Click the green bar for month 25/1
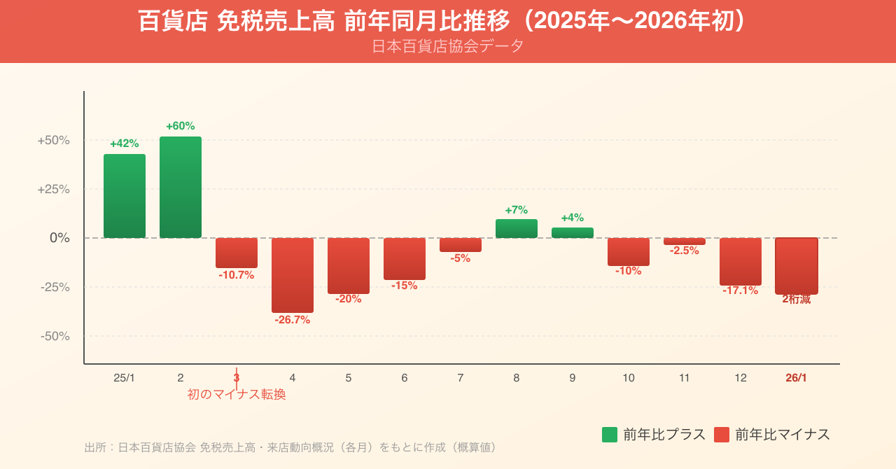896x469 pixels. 125,196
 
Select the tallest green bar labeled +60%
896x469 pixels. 181,187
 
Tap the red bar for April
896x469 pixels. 293,275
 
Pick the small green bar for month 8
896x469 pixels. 517,229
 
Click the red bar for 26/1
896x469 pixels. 797,265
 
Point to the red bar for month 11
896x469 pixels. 685,241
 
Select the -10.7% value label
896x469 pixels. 237,275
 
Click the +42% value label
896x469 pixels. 125,143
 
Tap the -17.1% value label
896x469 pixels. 741,290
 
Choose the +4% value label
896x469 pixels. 573,218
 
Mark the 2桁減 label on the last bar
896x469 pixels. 797,300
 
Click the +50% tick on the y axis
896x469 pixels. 54,140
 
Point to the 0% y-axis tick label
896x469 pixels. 59,238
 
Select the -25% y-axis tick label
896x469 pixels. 55,287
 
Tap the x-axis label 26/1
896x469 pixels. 797,378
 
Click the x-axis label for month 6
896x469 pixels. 405,378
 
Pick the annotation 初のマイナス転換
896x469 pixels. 237,395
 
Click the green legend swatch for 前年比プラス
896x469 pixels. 610,435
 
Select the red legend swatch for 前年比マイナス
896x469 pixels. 722,435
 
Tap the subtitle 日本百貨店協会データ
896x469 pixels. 448,46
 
